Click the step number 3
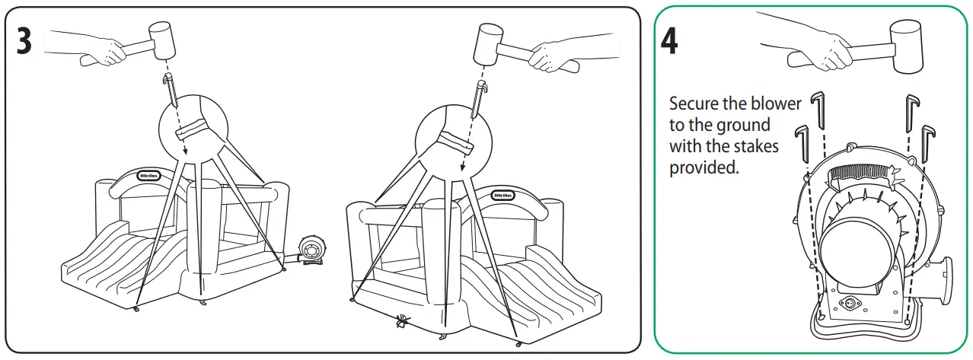click(24, 41)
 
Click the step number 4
click(669, 41)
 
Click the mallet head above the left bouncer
click(161, 40)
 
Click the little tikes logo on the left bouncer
click(148, 174)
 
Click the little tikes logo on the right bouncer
click(502, 194)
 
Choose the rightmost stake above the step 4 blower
click(927, 142)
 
